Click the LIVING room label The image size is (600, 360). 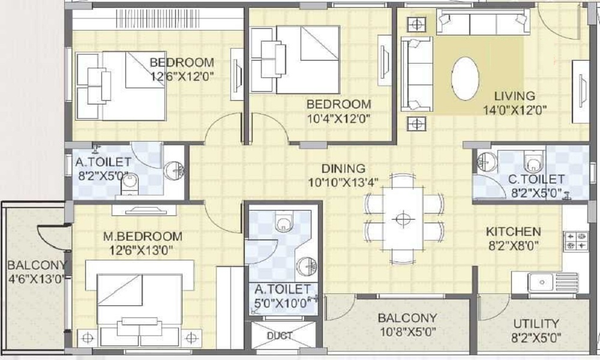pyautogui.click(x=514, y=95)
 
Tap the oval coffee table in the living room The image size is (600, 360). pyautogui.click(x=465, y=79)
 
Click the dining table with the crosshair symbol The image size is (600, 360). pyautogui.click(x=403, y=219)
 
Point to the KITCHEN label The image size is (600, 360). pyautogui.click(x=513, y=232)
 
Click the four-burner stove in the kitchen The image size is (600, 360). pyautogui.click(x=576, y=241)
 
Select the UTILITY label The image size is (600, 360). pyautogui.click(x=536, y=323)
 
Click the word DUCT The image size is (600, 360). pyautogui.click(x=280, y=335)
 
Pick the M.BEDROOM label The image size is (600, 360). pyautogui.click(x=143, y=236)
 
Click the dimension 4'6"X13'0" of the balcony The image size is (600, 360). pyautogui.click(x=37, y=278)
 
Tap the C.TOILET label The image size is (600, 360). pyautogui.click(x=536, y=179)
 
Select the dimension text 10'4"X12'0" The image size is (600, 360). pyautogui.click(x=338, y=119)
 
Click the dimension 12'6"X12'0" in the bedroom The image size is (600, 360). pyautogui.click(x=181, y=77)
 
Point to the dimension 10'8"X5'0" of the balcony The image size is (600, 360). pyautogui.click(x=407, y=332)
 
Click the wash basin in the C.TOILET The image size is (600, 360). pyautogui.click(x=487, y=162)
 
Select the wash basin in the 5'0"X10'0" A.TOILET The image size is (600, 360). pyautogui.click(x=307, y=265)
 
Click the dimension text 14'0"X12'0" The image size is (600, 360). pyautogui.click(x=514, y=110)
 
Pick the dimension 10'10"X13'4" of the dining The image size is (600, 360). pyautogui.click(x=343, y=182)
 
